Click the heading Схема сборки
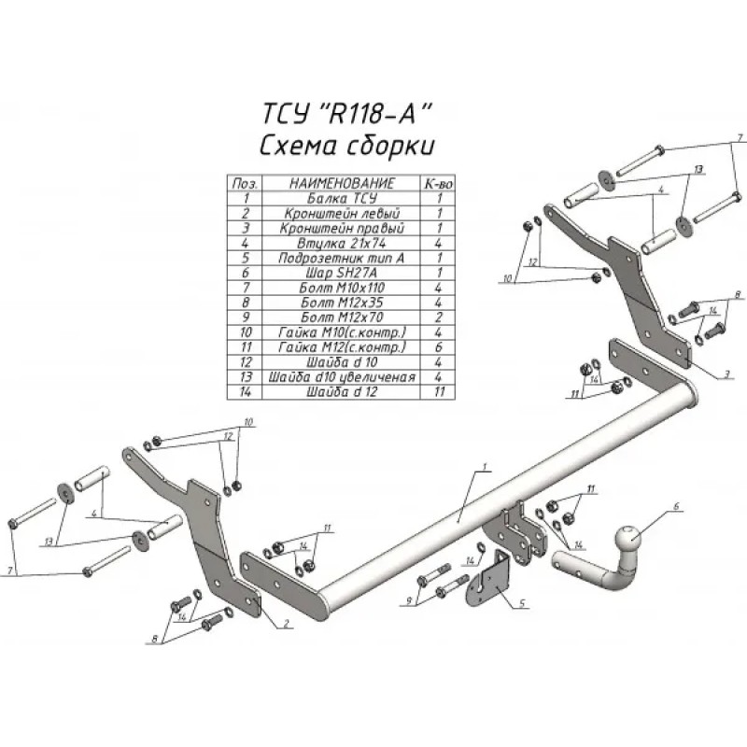pos(345,147)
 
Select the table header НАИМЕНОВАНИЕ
pos(341,183)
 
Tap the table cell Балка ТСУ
pos(341,198)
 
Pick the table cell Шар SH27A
pos(341,272)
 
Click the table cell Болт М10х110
pos(341,288)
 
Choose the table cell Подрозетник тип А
pos(341,257)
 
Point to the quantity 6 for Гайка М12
pos(438,346)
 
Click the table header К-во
pos(438,183)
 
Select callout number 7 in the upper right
pos(738,139)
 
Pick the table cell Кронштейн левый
pos(341,213)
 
